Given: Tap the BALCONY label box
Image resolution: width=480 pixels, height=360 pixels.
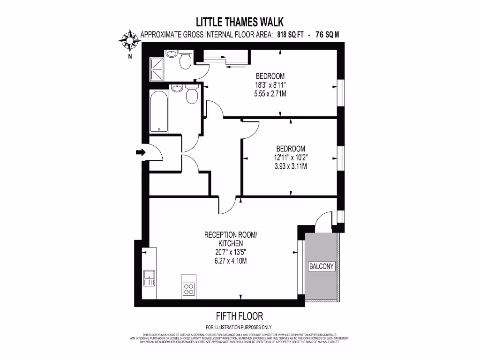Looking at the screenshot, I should point(322,266).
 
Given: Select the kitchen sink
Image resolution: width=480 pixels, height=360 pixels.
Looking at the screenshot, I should point(150,278).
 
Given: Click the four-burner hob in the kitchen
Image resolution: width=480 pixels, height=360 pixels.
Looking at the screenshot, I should point(188,289).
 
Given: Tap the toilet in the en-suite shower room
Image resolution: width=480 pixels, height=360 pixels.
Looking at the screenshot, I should point(185,60).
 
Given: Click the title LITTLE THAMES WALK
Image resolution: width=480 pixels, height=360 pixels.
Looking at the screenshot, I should point(240,22).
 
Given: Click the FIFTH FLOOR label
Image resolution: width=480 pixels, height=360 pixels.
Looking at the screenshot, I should point(239,316).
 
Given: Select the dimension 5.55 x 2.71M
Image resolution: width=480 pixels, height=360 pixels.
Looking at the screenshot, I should point(270,94).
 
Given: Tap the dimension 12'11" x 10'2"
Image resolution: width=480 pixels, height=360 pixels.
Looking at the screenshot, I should point(291,157).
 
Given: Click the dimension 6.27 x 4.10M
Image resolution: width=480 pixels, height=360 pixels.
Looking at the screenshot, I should point(230,260).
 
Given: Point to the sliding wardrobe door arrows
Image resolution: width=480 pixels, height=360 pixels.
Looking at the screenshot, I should point(225,61).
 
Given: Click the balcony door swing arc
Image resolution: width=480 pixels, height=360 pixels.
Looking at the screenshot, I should point(323,221).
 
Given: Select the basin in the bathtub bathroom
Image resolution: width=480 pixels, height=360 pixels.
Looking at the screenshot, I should point(177,88).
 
